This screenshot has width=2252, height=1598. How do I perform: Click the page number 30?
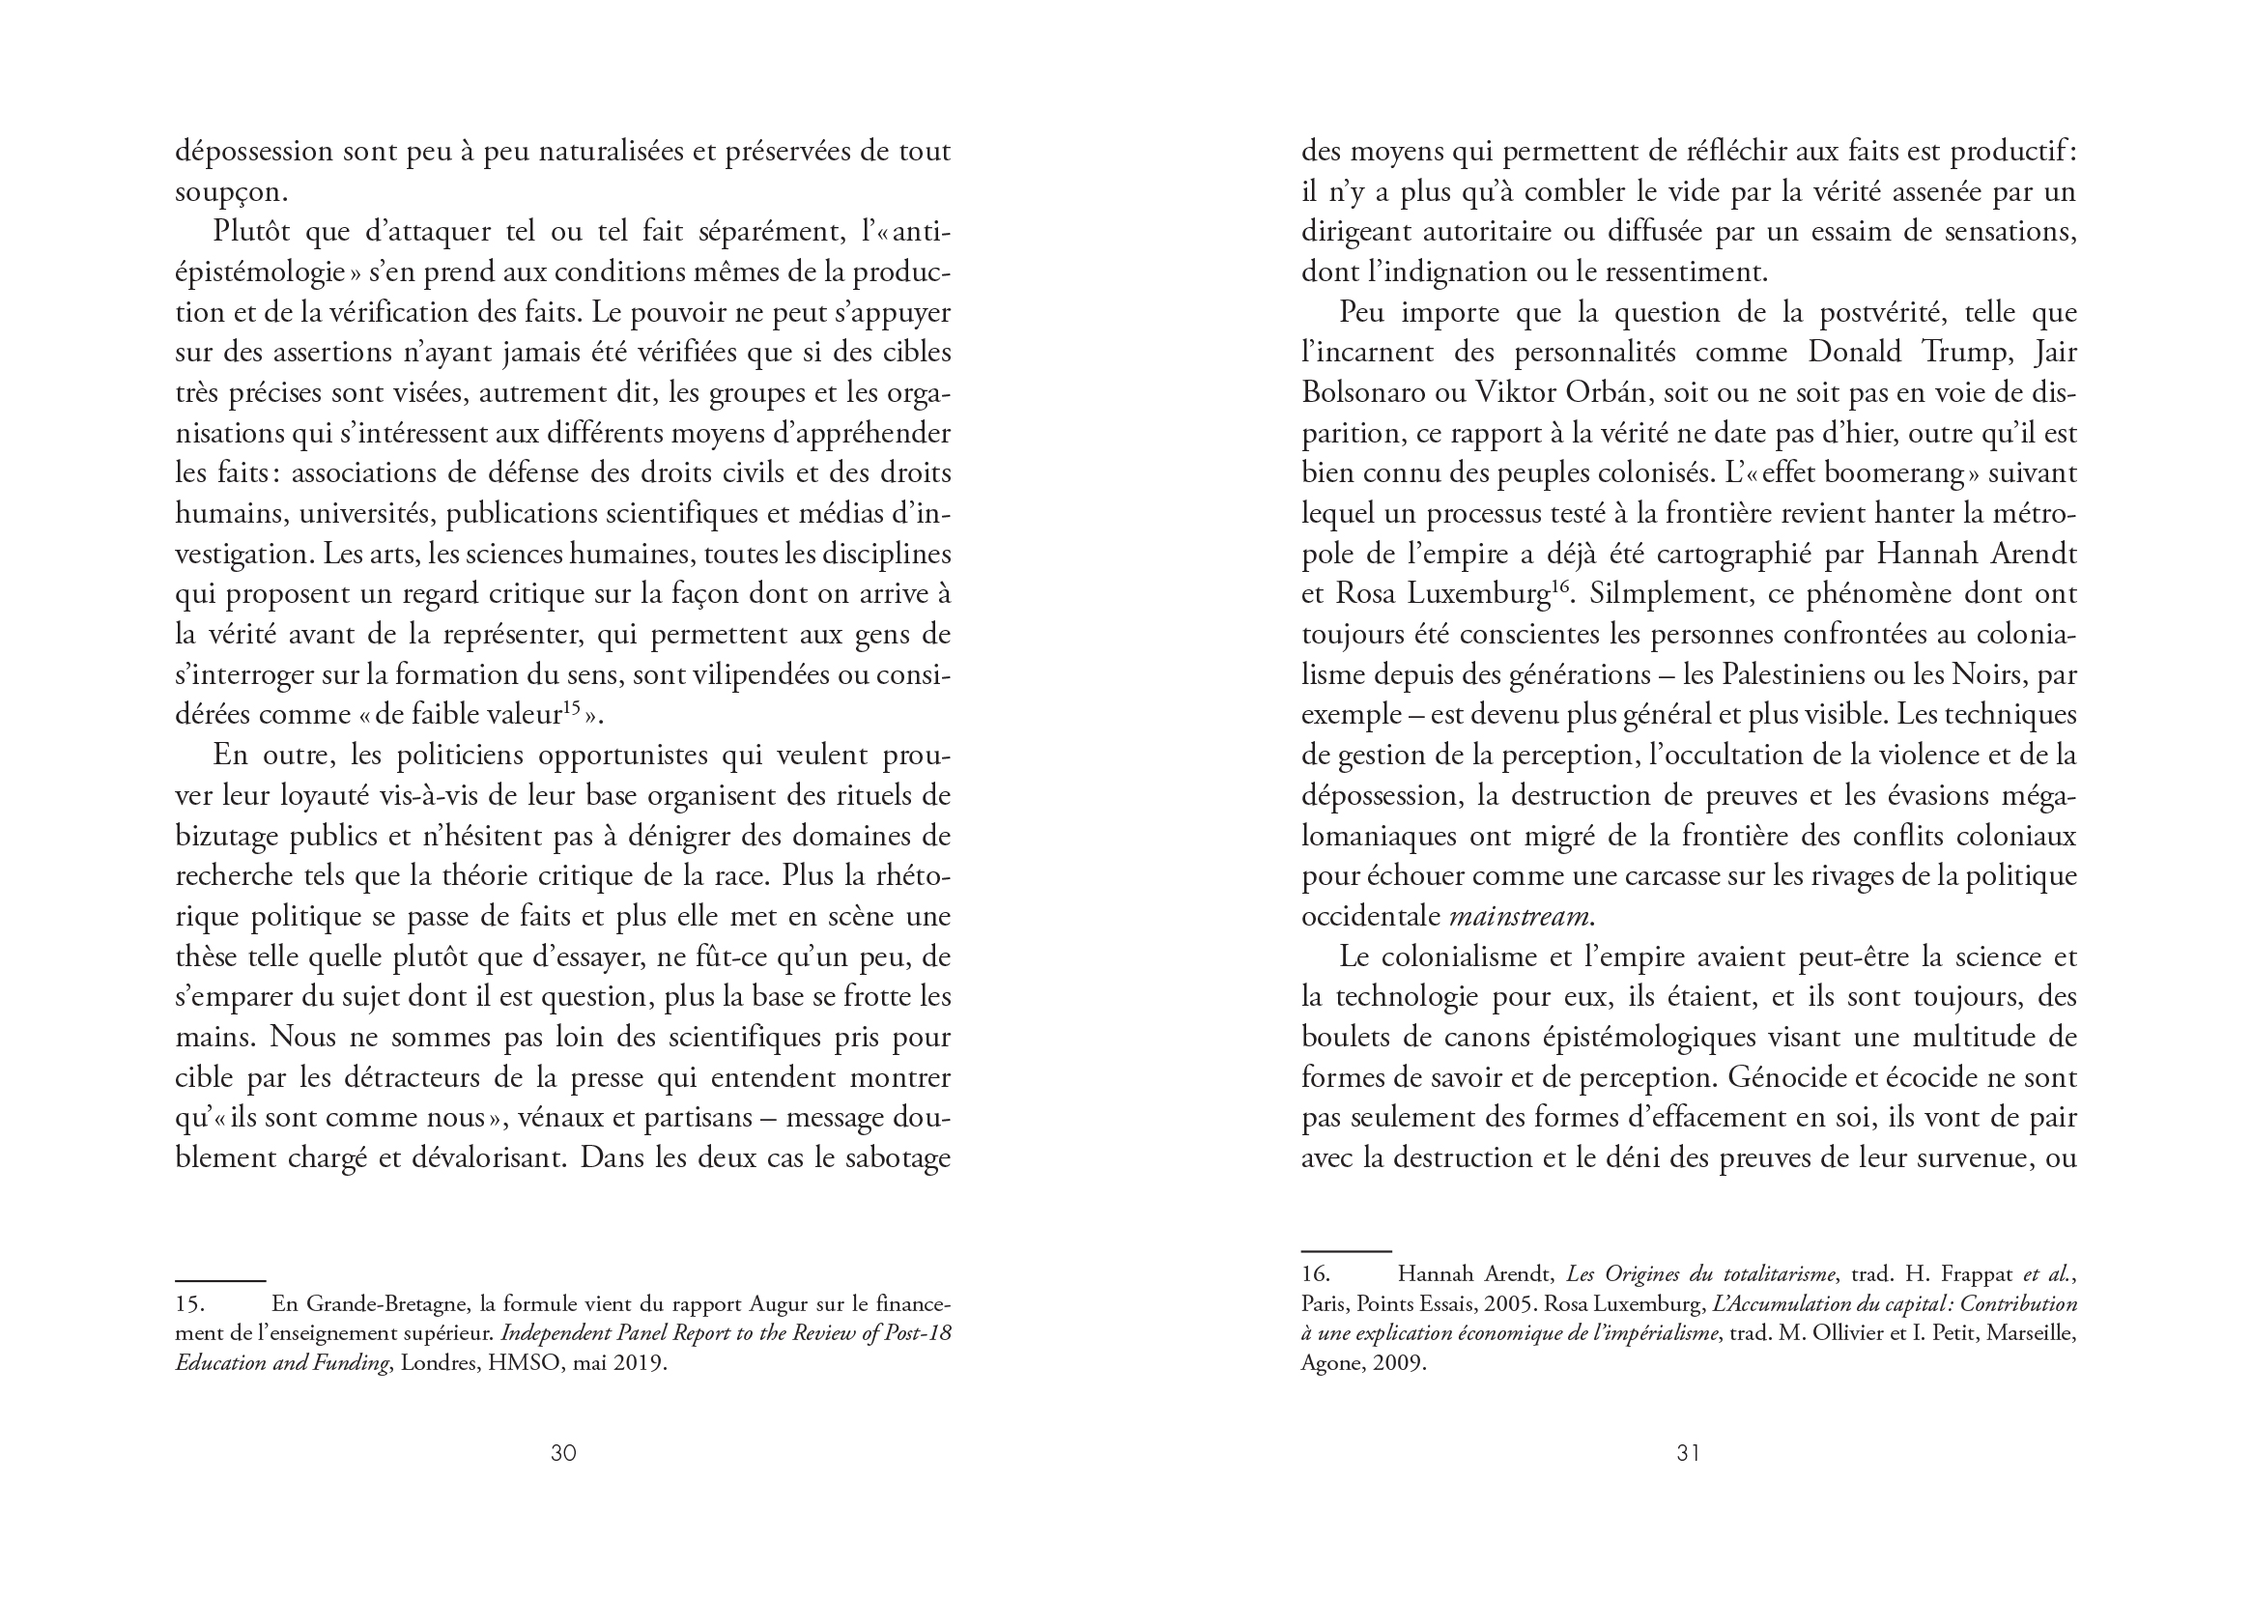(562, 1452)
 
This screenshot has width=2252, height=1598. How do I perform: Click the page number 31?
(1688, 1452)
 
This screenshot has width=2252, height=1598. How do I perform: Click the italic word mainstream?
(1519, 916)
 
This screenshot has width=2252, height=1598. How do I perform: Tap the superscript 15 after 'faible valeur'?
(572, 707)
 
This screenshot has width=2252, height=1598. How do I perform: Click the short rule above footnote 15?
(220, 1280)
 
